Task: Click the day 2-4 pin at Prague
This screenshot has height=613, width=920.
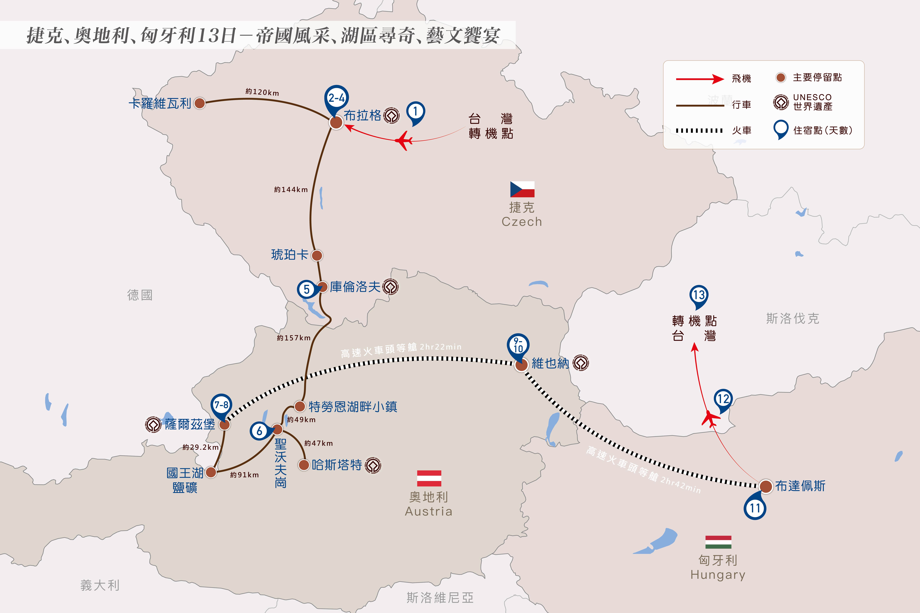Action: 336,100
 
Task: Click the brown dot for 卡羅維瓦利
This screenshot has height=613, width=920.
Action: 200,103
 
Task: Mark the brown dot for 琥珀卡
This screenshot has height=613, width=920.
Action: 317,255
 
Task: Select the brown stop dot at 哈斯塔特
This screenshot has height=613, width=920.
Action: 304,465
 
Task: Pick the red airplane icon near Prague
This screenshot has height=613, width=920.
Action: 403,141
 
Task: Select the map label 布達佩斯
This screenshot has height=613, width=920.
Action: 800,486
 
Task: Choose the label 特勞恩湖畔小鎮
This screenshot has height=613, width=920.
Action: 353,407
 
